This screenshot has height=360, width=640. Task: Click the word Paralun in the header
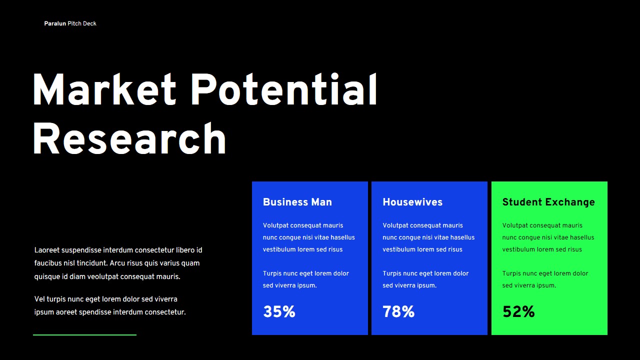coord(55,23)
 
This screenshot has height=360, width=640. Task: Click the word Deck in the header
coord(89,23)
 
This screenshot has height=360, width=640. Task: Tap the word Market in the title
coord(104,89)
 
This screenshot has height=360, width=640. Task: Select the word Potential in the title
coord(284,89)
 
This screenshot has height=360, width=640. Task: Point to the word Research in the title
coord(129,138)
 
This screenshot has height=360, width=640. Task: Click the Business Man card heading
coord(297,202)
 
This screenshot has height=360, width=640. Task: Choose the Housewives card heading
coord(412,202)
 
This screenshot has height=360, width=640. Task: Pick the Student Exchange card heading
coord(548,202)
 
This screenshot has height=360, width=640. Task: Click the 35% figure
coord(279,311)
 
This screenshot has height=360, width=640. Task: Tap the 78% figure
coord(398,311)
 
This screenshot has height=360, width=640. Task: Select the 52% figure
coord(518,311)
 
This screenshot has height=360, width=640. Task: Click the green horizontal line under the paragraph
coord(84,335)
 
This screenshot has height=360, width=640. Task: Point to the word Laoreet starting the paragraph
coord(47,250)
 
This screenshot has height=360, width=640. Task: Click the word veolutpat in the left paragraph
coord(103,277)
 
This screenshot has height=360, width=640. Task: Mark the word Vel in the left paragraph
coord(39,299)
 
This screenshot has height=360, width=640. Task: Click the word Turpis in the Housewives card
coord(391,273)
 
